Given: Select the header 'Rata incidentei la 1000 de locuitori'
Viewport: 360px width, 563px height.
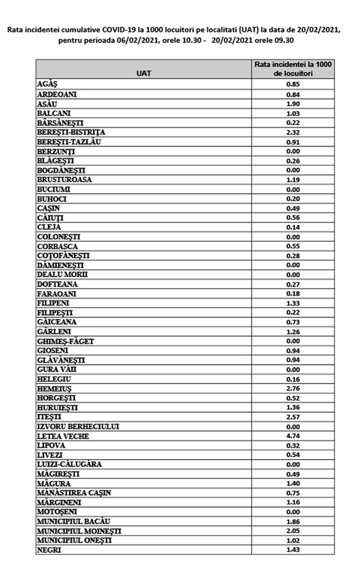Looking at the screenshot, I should (293, 69).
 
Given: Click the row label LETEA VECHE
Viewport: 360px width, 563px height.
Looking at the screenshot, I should (63, 436).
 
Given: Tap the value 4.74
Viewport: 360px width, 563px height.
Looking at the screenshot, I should (293, 436).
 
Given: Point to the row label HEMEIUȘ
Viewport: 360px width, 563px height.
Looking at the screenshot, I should (54, 388).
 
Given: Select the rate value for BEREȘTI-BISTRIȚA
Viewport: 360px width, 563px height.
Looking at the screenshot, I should (293, 132).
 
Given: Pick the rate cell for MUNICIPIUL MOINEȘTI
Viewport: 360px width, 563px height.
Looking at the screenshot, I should (293, 531).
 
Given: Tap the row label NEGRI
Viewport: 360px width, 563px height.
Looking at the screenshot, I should (49, 549).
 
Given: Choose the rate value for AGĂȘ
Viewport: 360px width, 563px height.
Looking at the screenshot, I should (293, 85).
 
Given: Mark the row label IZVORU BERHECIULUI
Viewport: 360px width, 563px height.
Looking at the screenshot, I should (77, 426).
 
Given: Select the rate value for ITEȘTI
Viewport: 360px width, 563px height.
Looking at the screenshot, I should (293, 417).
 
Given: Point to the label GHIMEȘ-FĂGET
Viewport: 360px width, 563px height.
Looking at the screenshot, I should (65, 341).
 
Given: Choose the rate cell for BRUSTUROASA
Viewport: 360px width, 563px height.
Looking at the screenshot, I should (293, 180).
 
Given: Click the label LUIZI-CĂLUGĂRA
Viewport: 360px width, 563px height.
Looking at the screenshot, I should (69, 464).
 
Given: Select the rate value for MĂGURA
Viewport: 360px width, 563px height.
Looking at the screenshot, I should (293, 483).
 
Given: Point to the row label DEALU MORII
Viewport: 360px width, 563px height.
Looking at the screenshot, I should (62, 275).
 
